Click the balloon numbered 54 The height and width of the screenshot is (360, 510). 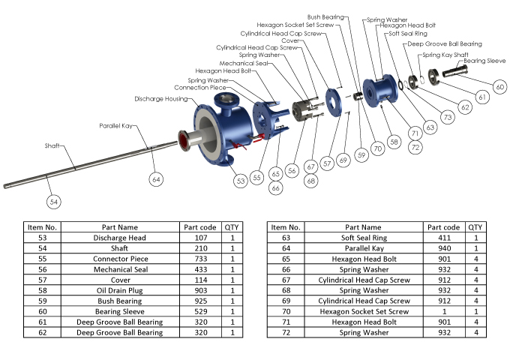pyautogui.click(x=53, y=202)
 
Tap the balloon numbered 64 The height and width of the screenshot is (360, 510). pyautogui.click(x=156, y=178)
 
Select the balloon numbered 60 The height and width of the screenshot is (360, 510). pyautogui.click(x=499, y=87)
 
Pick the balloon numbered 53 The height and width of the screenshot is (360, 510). pyautogui.click(x=240, y=180)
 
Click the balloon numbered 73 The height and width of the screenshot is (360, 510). pyautogui.click(x=448, y=117)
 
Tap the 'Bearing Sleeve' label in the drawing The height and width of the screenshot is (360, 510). pyautogui.click(x=484, y=60)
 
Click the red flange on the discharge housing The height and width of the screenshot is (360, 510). pyautogui.click(x=181, y=137)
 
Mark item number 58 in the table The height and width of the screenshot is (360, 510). pyautogui.click(x=42, y=290)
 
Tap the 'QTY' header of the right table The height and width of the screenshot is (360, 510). pyautogui.click(x=475, y=226)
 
